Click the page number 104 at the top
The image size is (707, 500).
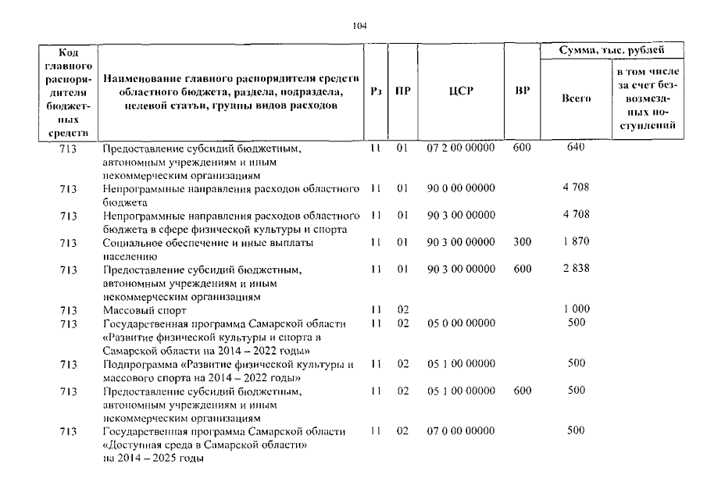coord(360,26)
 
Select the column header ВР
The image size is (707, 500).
coord(522,91)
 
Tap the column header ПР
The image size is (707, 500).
coord(402,91)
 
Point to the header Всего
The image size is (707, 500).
coord(577,98)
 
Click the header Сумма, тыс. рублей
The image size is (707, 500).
coord(611,51)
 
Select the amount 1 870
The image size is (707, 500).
coord(577,243)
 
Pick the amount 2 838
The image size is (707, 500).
coord(577,268)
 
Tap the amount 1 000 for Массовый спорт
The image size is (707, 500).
coord(577,309)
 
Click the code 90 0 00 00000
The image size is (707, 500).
coord(461,187)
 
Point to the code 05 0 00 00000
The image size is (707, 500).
coord(461,323)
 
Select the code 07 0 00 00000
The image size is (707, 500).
coord(461,430)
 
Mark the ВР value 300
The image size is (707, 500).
coord(522,243)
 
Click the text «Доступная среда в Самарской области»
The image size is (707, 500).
coord(203,445)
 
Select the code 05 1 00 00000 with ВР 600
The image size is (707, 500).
coord(461,390)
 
